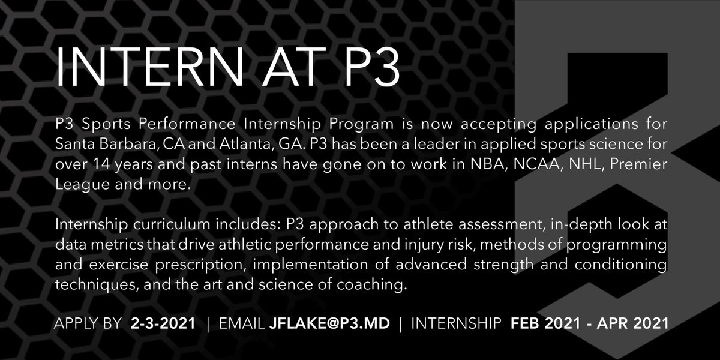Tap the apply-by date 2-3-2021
(163, 324)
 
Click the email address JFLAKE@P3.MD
(329, 324)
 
